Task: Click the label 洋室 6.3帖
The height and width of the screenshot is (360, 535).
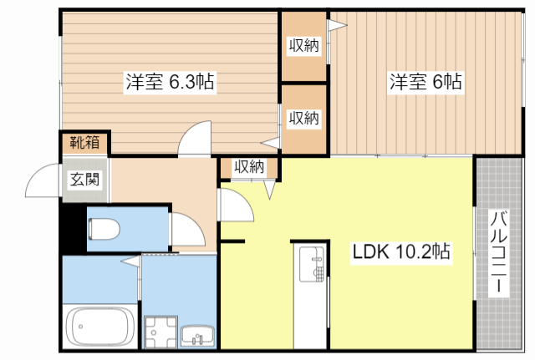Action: (x=170, y=83)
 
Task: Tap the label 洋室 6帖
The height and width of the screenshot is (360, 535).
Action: (x=425, y=83)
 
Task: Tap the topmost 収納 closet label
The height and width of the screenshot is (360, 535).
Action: (x=304, y=46)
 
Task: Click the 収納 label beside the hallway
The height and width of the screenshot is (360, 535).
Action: (x=249, y=166)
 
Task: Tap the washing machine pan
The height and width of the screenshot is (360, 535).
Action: (x=158, y=332)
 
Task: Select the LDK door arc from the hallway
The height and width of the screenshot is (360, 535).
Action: (x=237, y=204)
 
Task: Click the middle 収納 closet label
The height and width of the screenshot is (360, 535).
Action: (x=304, y=118)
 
